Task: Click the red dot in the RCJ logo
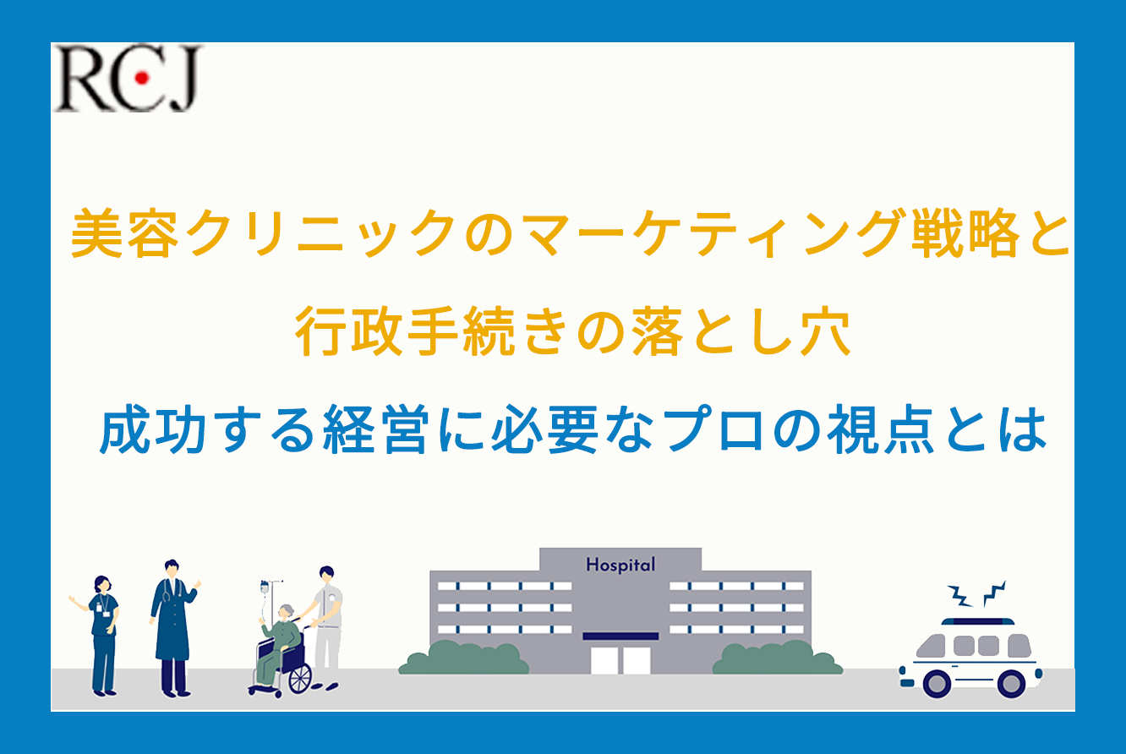[142, 78]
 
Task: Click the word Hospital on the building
[620, 565]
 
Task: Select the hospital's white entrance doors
[620, 660]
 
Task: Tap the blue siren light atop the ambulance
[977, 622]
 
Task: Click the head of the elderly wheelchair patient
[287, 612]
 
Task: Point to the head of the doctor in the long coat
[172, 569]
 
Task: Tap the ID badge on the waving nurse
[100, 609]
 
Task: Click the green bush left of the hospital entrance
[463, 658]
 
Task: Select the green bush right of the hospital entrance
[778, 658]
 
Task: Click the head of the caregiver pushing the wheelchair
[327, 574]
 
